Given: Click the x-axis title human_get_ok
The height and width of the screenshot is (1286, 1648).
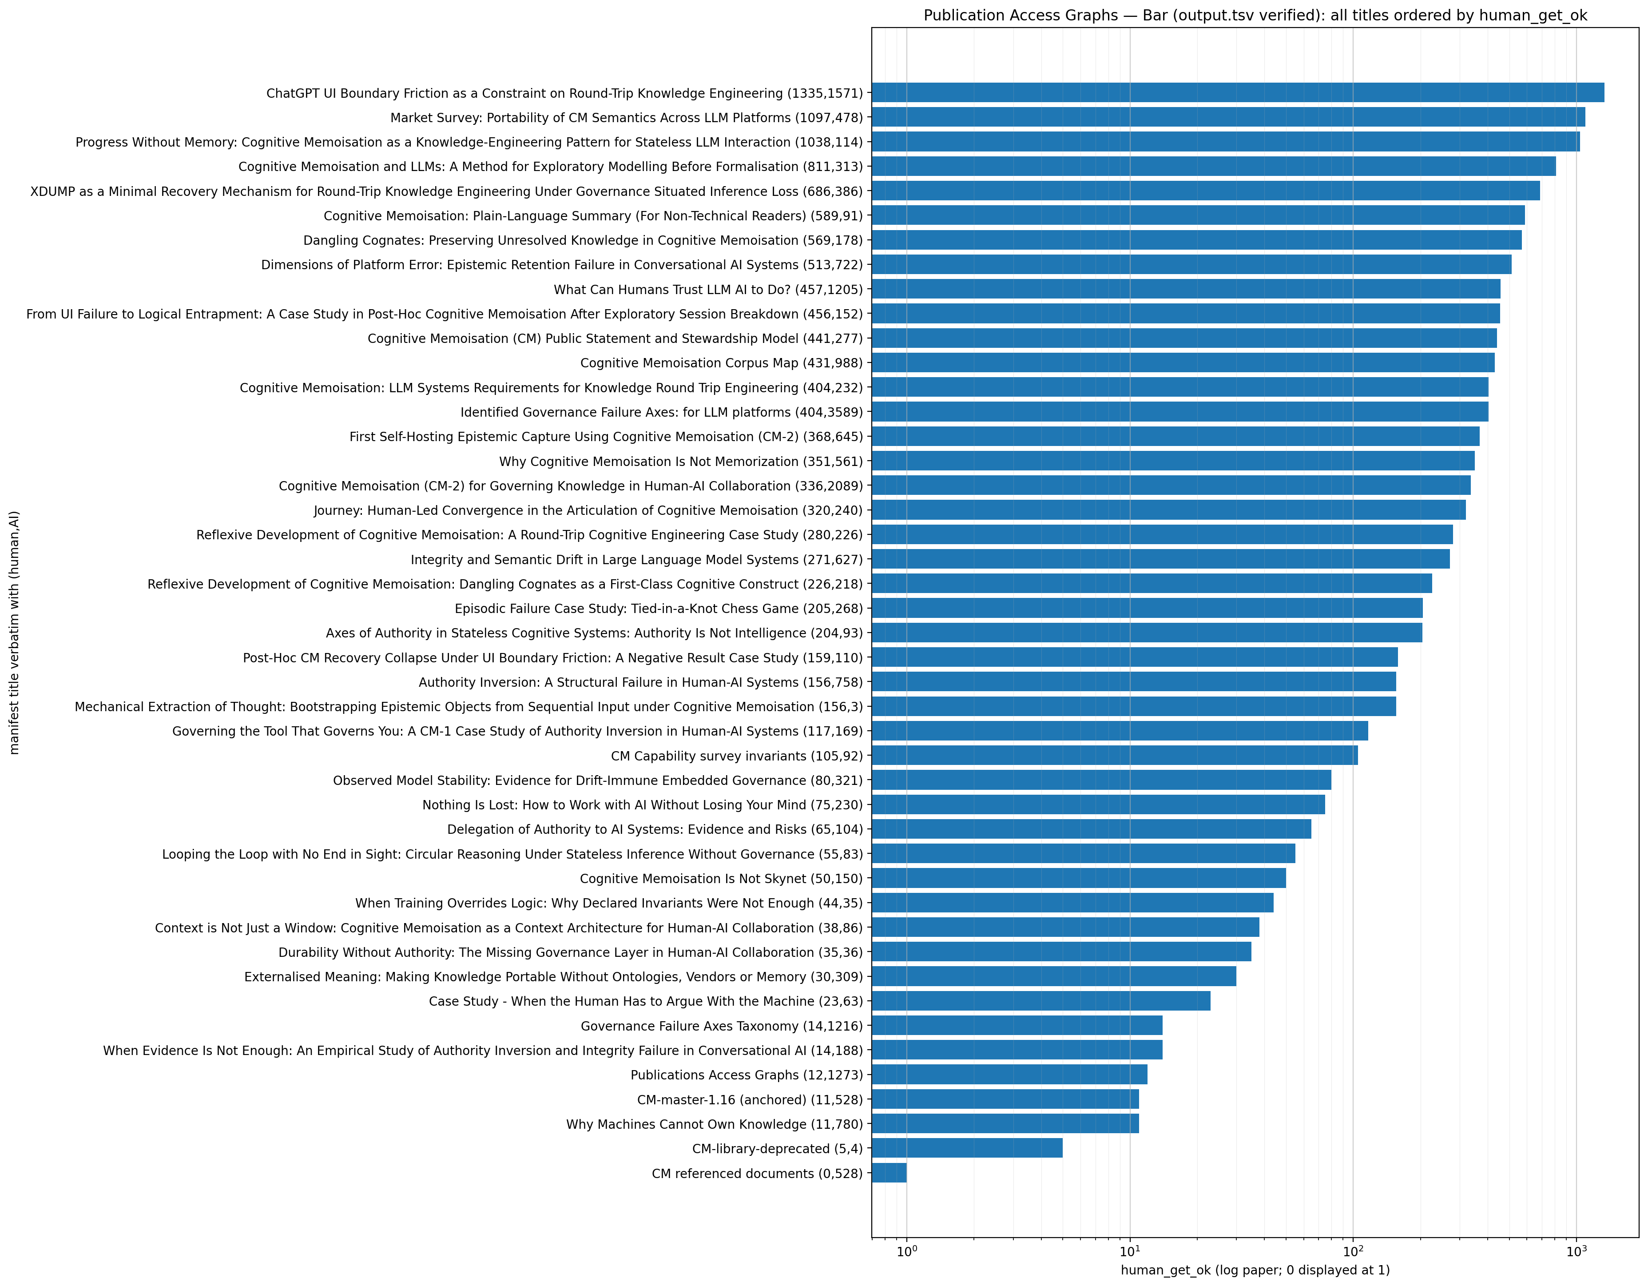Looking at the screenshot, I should [1255, 1270].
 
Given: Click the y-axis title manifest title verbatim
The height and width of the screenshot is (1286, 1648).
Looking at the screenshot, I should [14, 633].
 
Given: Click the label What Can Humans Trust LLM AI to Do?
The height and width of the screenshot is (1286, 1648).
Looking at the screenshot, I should [708, 290].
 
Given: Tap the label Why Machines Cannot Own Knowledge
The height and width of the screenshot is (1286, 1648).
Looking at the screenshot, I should [714, 1124].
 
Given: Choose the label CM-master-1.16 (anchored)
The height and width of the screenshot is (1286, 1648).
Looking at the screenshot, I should [749, 1099].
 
